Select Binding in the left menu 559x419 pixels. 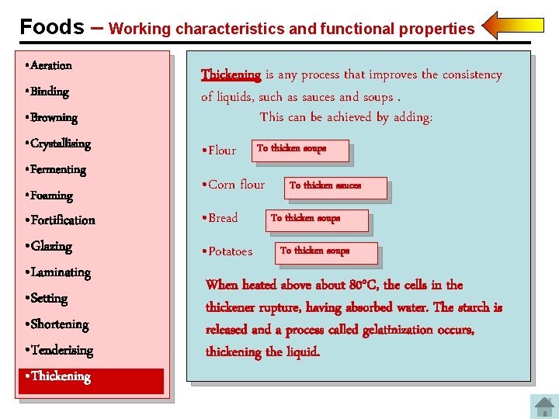49,92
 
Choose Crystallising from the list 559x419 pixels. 60,144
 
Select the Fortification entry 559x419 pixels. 62,220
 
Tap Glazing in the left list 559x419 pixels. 50,247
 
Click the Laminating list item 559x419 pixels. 60,273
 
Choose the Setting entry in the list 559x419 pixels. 48,299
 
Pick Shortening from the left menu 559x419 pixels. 59,324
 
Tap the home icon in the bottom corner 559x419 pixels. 543,407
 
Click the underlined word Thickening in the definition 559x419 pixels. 231,75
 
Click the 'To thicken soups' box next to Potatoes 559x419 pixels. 327,253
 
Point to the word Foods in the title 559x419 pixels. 51,27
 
